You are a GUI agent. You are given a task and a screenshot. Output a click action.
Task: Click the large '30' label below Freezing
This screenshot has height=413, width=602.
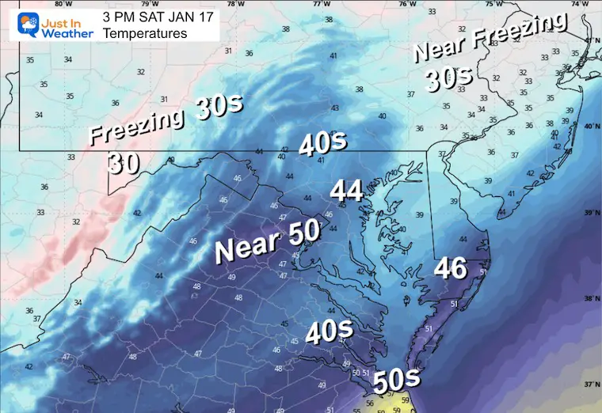pyautogui.click(x=124, y=164)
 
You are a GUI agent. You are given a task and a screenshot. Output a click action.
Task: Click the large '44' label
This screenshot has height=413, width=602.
pyautogui.click(x=347, y=191)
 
